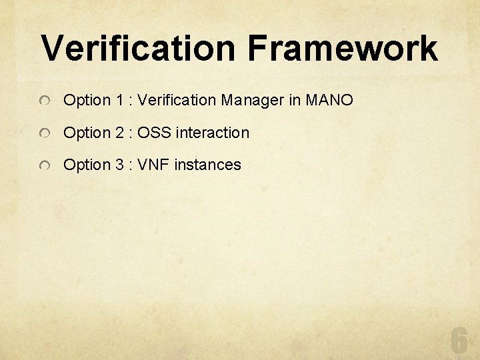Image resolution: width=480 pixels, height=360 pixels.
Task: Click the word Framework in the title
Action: pos(343,49)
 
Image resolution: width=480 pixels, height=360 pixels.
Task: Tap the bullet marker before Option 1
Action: pos(44,101)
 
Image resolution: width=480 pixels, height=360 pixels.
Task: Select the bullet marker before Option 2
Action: pos(44,134)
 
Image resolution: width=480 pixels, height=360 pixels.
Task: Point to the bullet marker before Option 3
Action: pos(44,166)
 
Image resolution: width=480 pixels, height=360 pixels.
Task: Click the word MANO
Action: pos(329,101)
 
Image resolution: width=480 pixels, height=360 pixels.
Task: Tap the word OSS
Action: pos(155,133)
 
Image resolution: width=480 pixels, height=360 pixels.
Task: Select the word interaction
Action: pos(213,133)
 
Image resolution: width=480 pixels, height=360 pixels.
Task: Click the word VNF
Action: pos(154,165)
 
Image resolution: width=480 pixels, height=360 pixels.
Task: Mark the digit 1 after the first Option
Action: pos(119,101)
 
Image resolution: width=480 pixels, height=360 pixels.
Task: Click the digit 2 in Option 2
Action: pos(120,133)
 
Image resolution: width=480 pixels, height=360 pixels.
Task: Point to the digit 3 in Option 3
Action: pos(120,165)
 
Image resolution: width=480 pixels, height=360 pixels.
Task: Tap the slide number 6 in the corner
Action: pos(459,341)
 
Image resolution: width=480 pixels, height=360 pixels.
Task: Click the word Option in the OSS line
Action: pos(87,133)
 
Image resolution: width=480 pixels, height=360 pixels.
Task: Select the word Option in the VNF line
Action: pos(87,165)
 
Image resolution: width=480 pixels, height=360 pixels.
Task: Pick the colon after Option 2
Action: pos(131,133)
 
